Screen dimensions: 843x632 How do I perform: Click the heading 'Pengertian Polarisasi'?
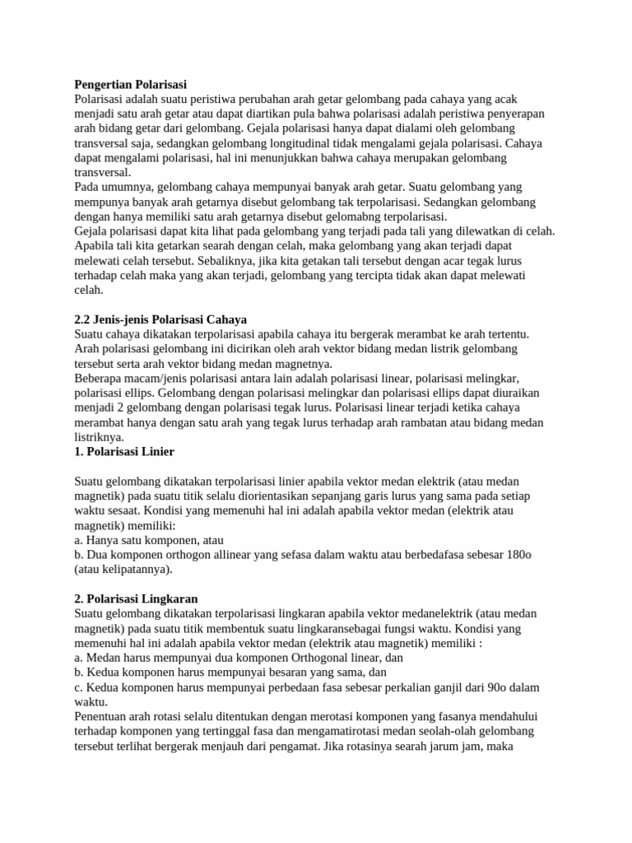131,84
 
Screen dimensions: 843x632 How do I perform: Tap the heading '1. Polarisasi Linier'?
124,452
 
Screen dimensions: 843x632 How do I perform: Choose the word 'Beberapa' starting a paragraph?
99,378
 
